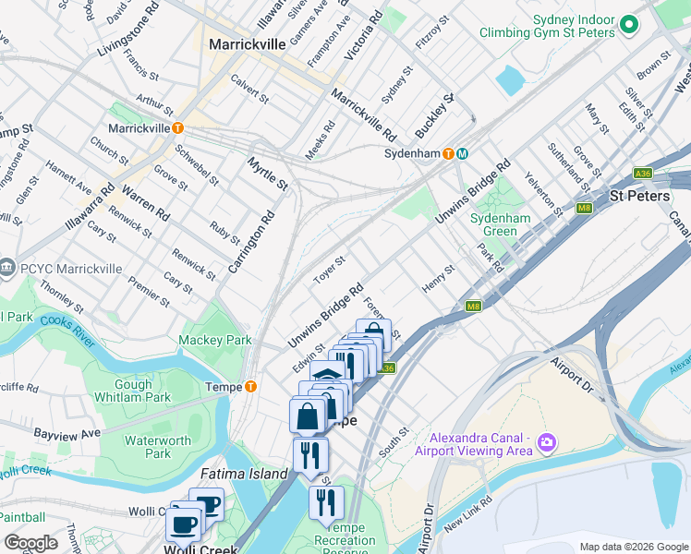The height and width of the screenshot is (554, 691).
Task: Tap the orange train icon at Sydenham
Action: coord(448,153)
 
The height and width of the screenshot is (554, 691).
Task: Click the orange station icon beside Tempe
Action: coord(250,386)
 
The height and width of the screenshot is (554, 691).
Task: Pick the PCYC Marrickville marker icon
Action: coord(8,268)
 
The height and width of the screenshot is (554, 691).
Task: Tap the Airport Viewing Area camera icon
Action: coord(548,443)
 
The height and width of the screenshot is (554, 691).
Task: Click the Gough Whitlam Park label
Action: coord(142,391)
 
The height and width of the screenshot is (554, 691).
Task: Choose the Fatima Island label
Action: coord(244,474)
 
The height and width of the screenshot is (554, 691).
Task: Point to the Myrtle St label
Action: coord(268,174)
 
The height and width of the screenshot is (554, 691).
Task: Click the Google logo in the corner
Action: coord(30,543)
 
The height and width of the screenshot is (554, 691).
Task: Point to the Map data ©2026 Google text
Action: coord(634,547)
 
